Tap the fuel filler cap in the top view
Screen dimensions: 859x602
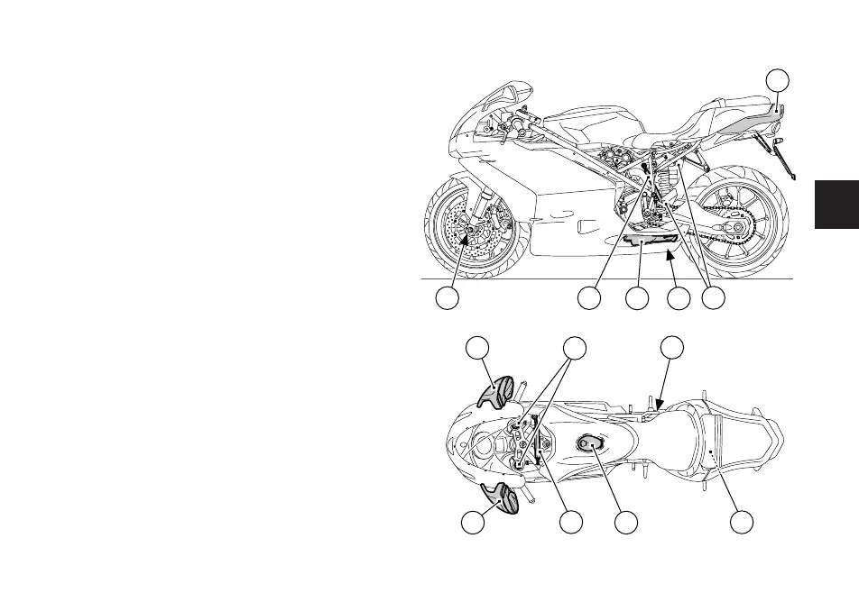pyautogui.click(x=591, y=442)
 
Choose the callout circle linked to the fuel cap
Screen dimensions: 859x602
pyautogui.click(x=626, y=523)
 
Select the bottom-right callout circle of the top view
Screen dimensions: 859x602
pyautogui.click(x=742, y=523)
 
